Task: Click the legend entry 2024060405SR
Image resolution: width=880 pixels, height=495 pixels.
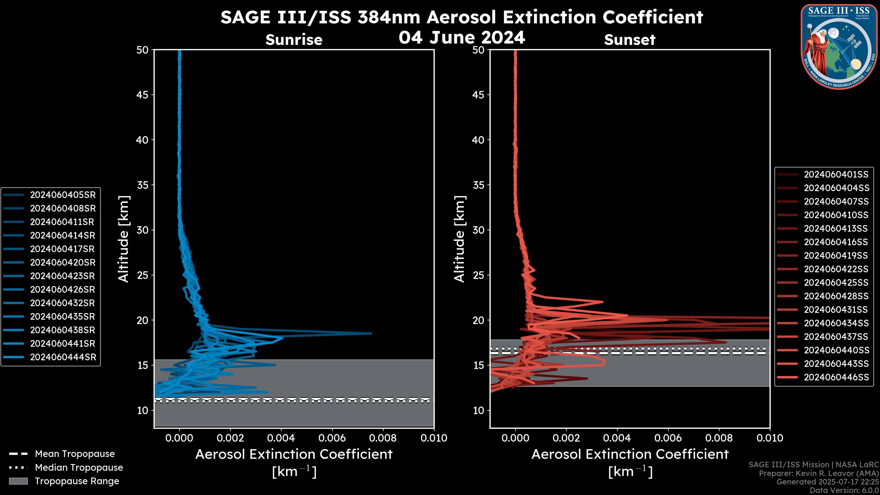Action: click(63, 195)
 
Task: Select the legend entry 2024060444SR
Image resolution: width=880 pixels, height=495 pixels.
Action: click(63, 357)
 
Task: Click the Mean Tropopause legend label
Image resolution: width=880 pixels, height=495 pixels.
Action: click(75, 454)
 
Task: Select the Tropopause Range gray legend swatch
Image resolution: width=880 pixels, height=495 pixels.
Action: click(18, 481)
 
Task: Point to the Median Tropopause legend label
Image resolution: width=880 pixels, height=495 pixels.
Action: click(79, 467)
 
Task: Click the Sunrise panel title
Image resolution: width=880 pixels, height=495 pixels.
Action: click(294, 40)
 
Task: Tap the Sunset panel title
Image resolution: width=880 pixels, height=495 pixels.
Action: click(630, 40)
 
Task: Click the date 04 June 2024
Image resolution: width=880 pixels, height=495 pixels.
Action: click(462, 37)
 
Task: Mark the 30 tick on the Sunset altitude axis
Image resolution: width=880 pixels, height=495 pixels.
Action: click(478, 230)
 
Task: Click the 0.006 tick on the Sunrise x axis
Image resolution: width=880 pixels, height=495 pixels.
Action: click(332, 438)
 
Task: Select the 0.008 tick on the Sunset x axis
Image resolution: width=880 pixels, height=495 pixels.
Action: click(719, 438)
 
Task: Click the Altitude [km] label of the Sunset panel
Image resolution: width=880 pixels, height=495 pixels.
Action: click(459, 239)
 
